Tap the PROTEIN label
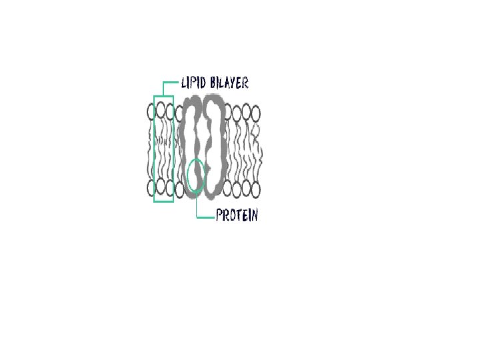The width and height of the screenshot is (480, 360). [236, 215]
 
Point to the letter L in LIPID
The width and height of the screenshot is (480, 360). [184, 84]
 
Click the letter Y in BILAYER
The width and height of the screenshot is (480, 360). [234, 84]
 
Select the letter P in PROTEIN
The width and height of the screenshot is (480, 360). [219, 215]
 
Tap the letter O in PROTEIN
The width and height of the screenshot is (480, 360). [231, 215]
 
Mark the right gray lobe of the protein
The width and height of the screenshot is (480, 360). [215, 147]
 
